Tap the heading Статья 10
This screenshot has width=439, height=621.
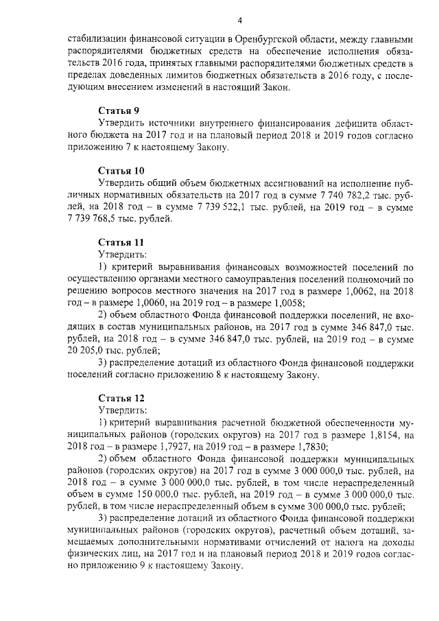(x=120, y=170)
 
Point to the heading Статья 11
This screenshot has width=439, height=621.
(x=120, y=242)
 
